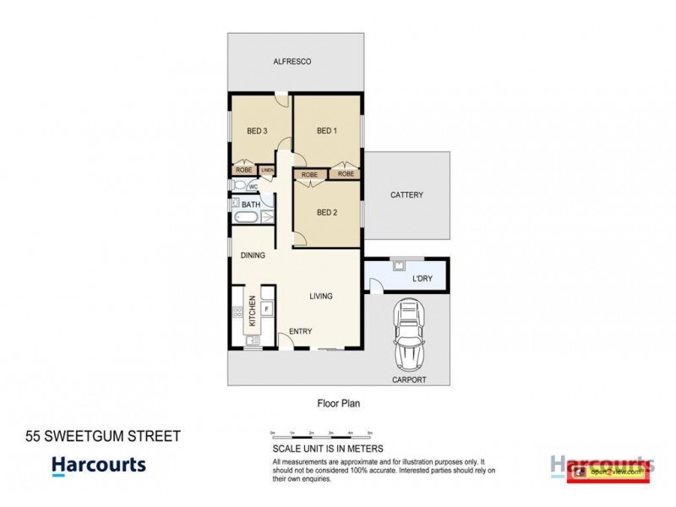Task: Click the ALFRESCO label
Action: point(292,62)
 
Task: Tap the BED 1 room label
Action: point(327,131)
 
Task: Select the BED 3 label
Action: point(257,131)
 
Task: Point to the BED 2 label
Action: point(327,212)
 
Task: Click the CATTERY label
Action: point(406,195)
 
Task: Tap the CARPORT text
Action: point(410,381)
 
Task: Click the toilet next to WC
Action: point(238,186)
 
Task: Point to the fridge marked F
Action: point(266,309)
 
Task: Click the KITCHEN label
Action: point(251,312)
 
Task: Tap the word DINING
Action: point(253,255)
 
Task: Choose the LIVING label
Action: point(320,297)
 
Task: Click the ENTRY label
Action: point(301,331)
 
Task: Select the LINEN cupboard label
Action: point(267,171)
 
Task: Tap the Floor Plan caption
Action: point(338,404)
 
